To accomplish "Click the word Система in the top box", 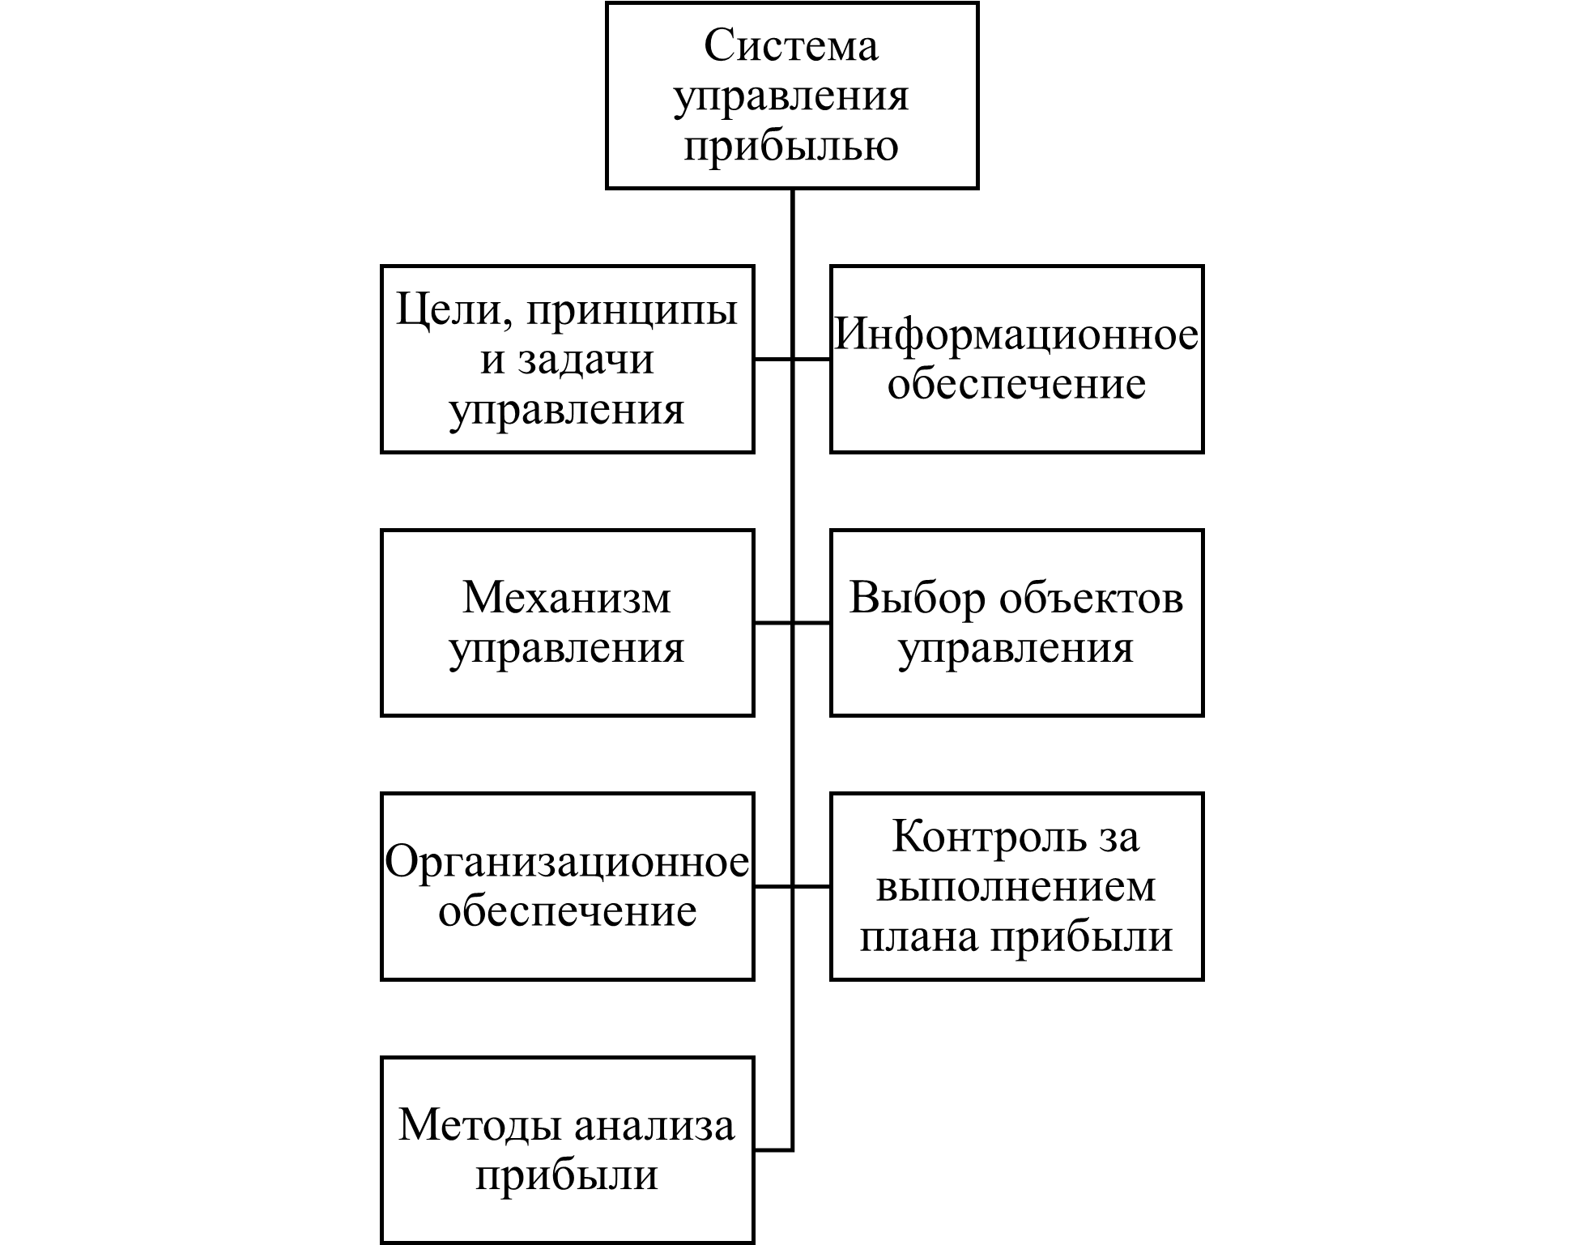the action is pos(791,45).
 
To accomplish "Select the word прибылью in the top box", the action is pos(791,147).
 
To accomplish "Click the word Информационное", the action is pos(1016,334).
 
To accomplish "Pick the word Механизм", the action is pos(567,598).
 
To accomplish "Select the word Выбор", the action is pos(917,598).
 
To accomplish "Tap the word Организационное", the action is pos(567,862).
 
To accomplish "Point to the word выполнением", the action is pos(1016,888).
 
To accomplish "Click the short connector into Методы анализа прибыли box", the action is pos(773,1149).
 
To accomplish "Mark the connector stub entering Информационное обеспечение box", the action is pos(811,359).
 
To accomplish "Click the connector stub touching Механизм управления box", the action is pos(773,623).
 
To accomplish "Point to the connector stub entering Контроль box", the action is pos(811,887).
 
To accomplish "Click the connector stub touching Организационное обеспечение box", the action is pos(773,887).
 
